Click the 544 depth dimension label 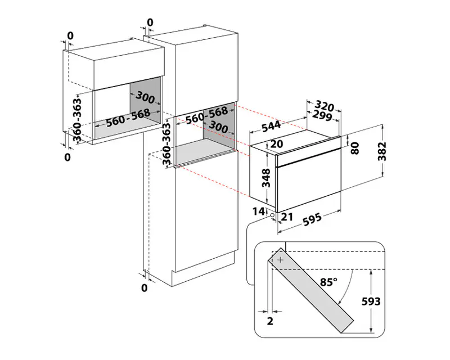(271, 126)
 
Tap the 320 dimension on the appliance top (325, 106)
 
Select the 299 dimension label (322, 115)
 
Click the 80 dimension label (355, 148)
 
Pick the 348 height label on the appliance (266, 178)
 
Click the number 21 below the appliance (287, 217)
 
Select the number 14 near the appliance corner (258, 211)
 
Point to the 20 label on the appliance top (277, 144)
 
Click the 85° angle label (329, 282)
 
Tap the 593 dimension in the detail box (371, 301)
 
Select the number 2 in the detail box (270, 321)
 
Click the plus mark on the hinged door (280, 260)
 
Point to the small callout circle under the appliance (272, 215)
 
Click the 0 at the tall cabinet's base (145, 287)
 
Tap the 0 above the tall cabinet (150, 22)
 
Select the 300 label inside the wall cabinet (145, 97)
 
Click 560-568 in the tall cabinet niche (206, 115)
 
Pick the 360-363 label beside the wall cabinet (77, 120)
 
